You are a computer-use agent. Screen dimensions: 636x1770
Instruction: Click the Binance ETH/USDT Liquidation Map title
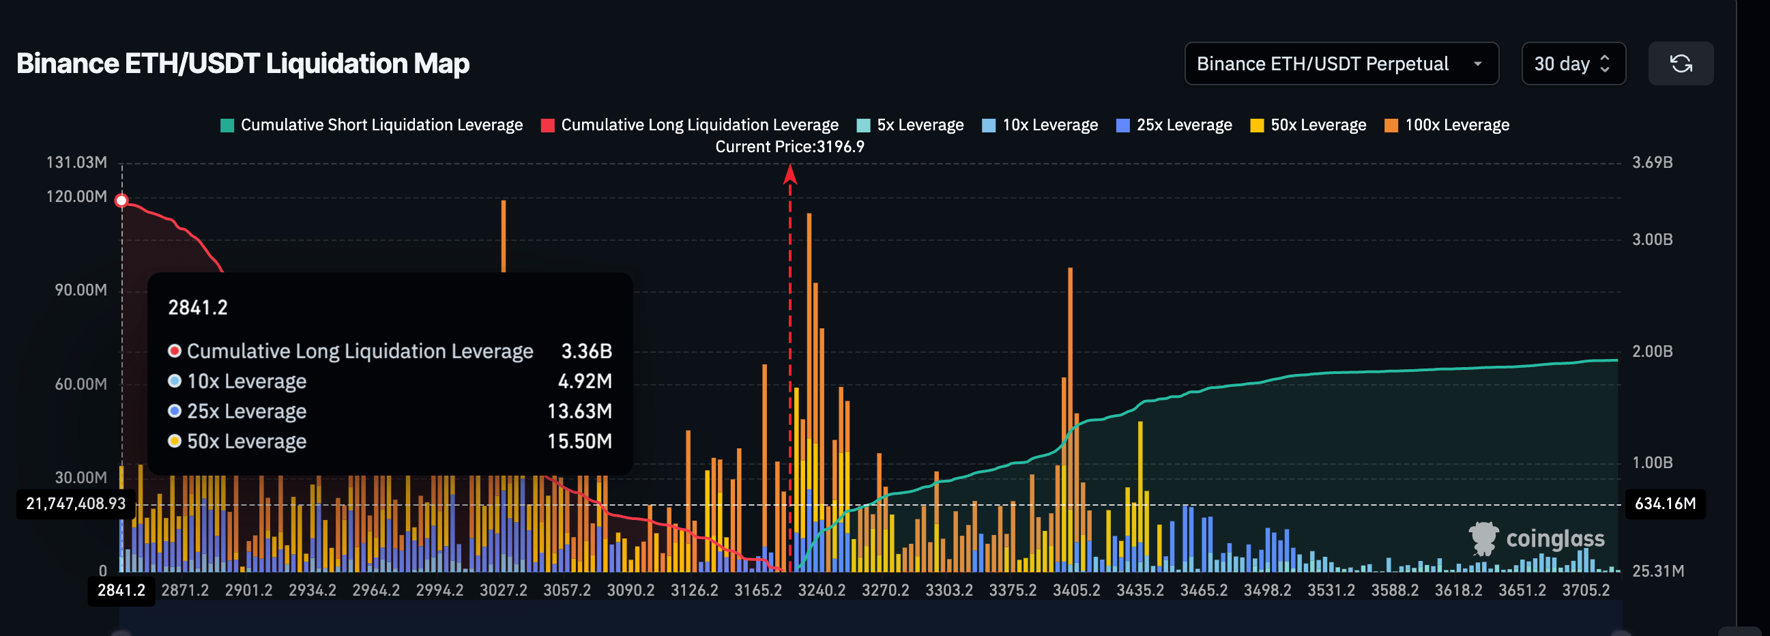[242, 63]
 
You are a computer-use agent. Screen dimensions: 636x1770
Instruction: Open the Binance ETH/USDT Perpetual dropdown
[1341, 64]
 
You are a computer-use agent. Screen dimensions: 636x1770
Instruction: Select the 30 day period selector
[1572, 64]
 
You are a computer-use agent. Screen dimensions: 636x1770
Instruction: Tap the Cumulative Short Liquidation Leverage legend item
[371, 125]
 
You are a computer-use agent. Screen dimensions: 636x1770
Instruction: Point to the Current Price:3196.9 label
[789, 146]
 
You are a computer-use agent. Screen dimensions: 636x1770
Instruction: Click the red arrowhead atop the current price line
[790, 175]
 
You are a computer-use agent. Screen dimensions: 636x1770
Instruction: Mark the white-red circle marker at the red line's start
[121, 201]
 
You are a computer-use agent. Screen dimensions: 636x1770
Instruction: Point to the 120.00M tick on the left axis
[76, 197]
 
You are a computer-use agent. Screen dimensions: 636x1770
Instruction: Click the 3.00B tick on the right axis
[1652, 240]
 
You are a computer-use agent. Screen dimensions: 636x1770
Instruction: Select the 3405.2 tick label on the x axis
[1076, 590]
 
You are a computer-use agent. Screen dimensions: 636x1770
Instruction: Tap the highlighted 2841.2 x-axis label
[121, 590]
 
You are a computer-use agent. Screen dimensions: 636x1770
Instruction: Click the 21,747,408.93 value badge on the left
[76, 504]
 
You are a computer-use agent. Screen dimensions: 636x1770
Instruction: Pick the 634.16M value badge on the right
[1664, 504]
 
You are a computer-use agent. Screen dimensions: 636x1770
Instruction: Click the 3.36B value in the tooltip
[586, 351]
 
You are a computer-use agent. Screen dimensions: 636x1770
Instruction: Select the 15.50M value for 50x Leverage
[579, 441]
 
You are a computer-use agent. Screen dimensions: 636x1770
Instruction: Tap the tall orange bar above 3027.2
[504, 233]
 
